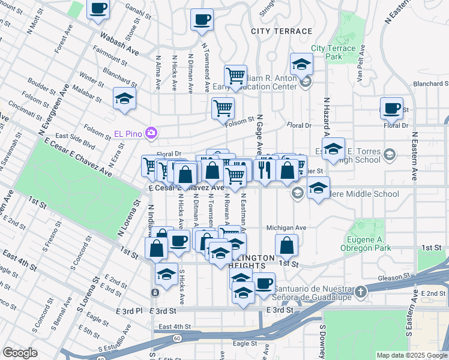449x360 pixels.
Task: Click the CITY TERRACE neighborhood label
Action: [282, 31]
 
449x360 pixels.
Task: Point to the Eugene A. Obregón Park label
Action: [365, 243]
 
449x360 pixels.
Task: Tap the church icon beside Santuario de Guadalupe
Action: [360, 291]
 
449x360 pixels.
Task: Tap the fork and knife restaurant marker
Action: [264, 169]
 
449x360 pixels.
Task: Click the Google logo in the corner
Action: [20, 353]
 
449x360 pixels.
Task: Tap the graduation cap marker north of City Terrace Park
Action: [301, 64]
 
